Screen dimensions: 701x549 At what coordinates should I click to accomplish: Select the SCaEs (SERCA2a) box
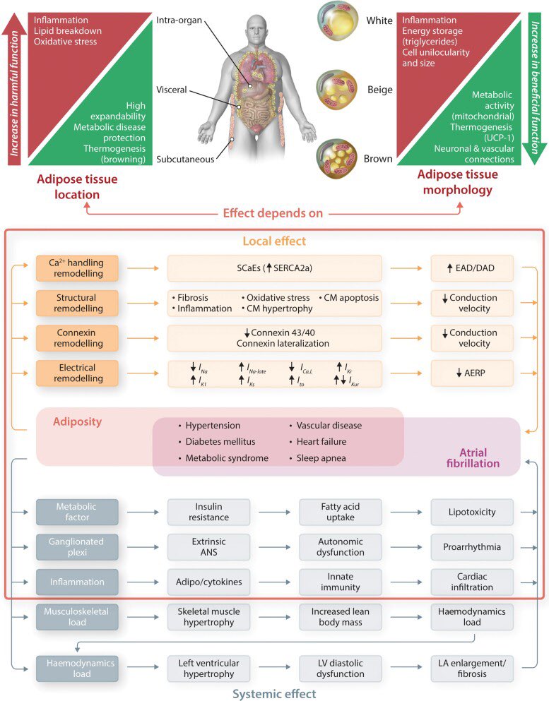pyautogui.click(x=274, y=268)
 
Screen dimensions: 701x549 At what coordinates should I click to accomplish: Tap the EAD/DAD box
pyautogui.click(x=473, y=268)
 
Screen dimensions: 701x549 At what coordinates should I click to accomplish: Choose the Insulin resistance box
pyautogui.click(x=208, y=512)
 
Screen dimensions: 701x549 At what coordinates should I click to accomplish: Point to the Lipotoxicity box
pyautogui.click(x=472, y=512)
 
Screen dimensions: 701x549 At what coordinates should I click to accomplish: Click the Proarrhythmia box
pyautogui.click(x=472, y=547)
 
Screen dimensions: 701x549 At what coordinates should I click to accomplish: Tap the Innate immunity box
pyautogui.click(x=341, y=582)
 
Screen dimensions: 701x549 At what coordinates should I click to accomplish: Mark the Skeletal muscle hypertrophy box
pyautogui.click(x=208, y=616)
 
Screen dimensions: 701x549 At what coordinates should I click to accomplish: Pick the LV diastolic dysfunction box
pyautogui.click(x=341, y=669)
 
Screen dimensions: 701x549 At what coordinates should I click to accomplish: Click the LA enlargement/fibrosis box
pyautogui.click(x=472, y=669)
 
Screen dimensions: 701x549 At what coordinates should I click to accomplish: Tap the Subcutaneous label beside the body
pyautogui.click(x=186, y=160)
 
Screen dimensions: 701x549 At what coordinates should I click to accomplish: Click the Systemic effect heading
pyautogui.click(x=275, y=693)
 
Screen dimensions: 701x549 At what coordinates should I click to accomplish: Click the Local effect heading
pyautogui.click(x=274, y=241)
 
